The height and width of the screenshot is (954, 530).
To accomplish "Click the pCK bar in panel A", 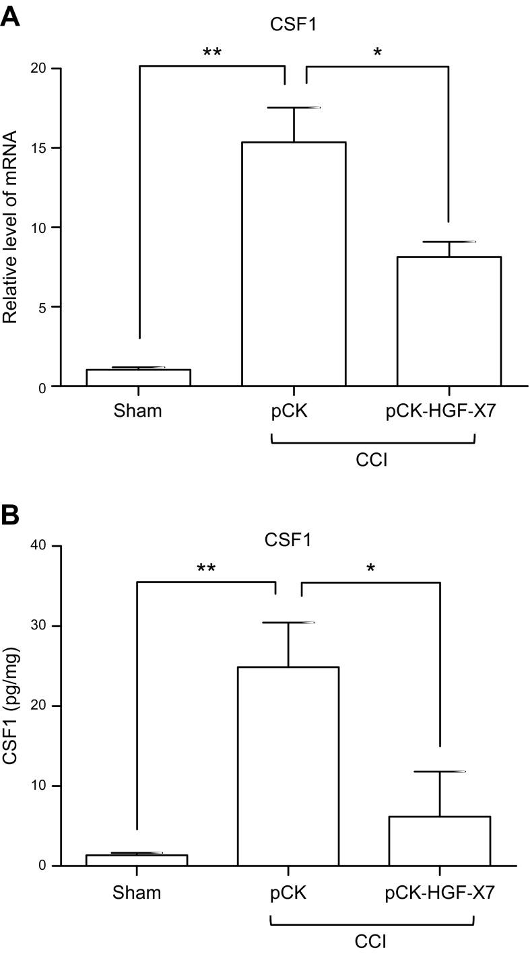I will [294, 264].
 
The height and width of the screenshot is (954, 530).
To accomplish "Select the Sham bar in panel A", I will [138, 378].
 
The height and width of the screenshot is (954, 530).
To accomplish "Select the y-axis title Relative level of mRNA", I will [11, 228].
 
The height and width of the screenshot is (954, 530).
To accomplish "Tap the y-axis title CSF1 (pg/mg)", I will [11, 706].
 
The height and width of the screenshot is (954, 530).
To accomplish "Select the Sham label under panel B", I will [137, 893].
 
